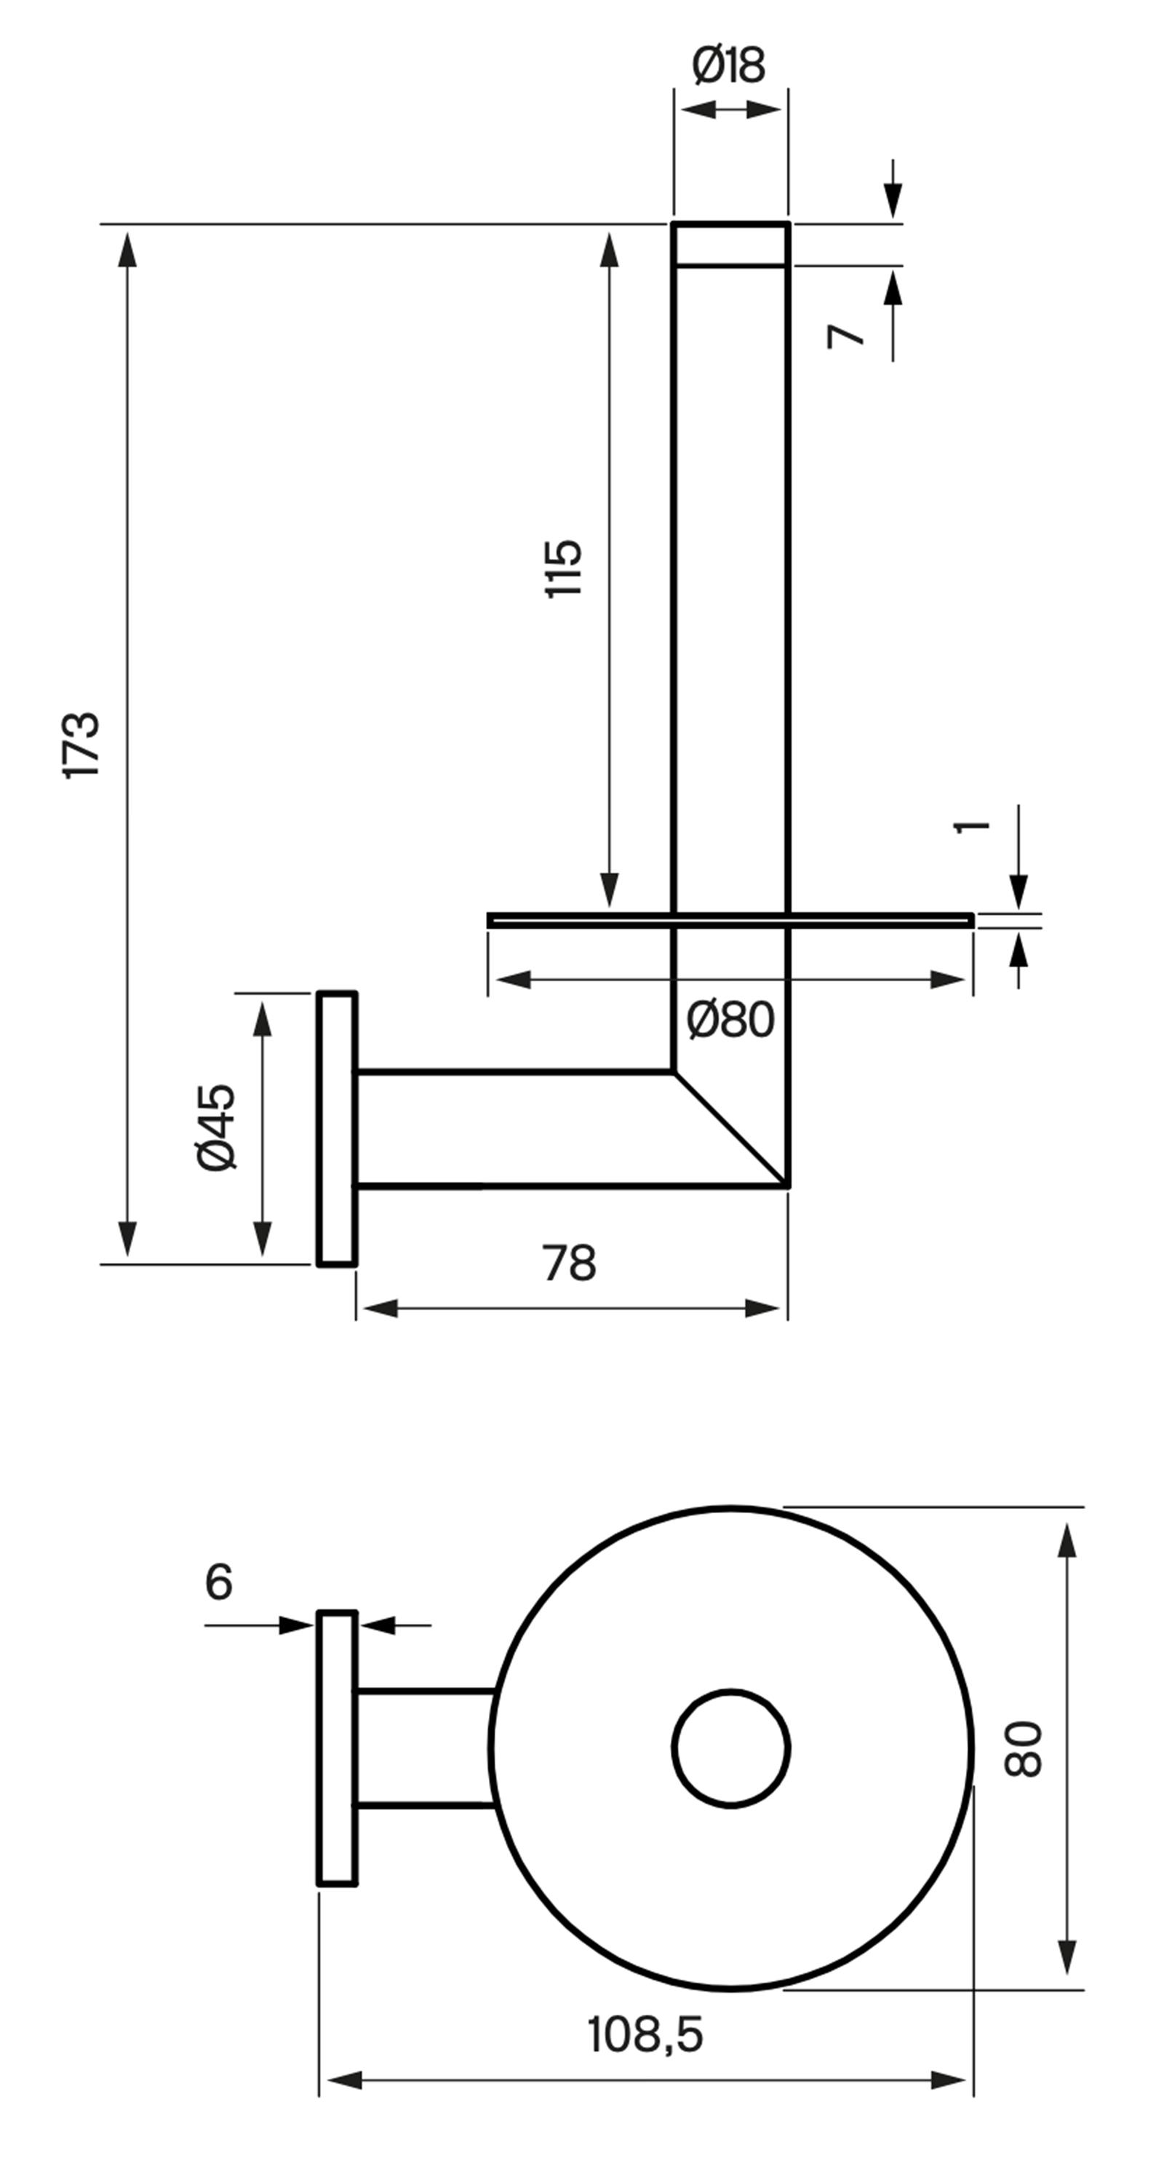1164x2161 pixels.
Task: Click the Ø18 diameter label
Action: [x=729, y=66]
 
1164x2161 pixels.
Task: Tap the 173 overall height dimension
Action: [x=81, y=746]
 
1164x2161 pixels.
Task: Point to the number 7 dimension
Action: [x=845, y=336]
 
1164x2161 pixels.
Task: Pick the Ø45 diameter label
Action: [x=215, y=1127]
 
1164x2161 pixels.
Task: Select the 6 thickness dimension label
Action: [x=219, y=1583]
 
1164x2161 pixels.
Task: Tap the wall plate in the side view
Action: [x=337, y=1128]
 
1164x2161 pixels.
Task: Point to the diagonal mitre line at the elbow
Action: [x=730, y=1129]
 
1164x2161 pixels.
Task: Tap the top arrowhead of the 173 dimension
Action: [x=127, y=249]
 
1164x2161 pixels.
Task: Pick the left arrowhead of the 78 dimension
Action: [x=380, y=1308]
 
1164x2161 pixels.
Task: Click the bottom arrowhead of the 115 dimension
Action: [x=610, y=889]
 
